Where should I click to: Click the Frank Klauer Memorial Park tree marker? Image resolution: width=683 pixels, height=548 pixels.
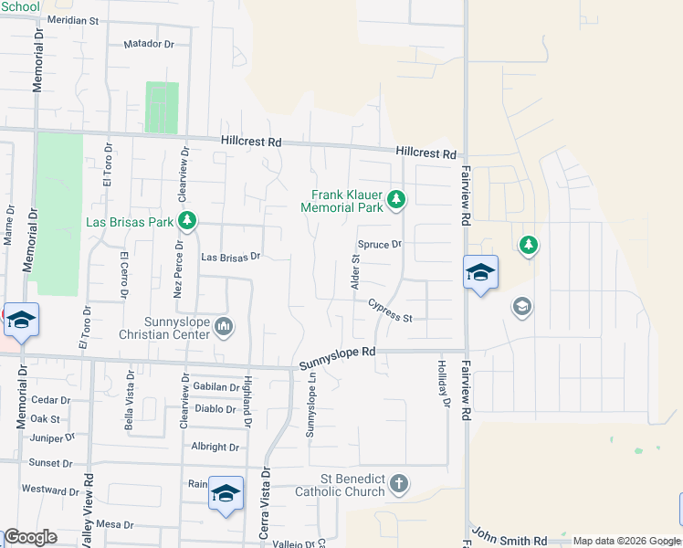[x=396, y=198]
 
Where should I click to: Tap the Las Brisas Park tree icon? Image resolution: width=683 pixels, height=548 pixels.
[x=187, y=220]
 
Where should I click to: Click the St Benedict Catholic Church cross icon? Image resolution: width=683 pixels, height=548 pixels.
[x=398, y=483]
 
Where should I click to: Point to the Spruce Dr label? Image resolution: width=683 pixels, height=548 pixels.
[x=380, y=245]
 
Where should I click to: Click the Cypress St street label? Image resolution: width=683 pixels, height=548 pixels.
[x=391, y=311]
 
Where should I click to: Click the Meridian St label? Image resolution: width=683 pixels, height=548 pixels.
[x=73, y=19]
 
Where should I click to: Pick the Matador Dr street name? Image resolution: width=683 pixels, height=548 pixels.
[x=149, y=44]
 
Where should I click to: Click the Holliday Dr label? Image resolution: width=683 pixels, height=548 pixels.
[x=447, y=381]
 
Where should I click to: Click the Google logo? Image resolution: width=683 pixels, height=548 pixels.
[x=30, y=537]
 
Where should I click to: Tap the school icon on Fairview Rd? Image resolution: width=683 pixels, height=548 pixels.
[x=481, y=272]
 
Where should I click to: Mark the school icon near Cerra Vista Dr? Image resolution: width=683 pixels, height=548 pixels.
[x=226, y=494]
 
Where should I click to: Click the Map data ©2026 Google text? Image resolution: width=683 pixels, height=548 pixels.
[x=625, y=541]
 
